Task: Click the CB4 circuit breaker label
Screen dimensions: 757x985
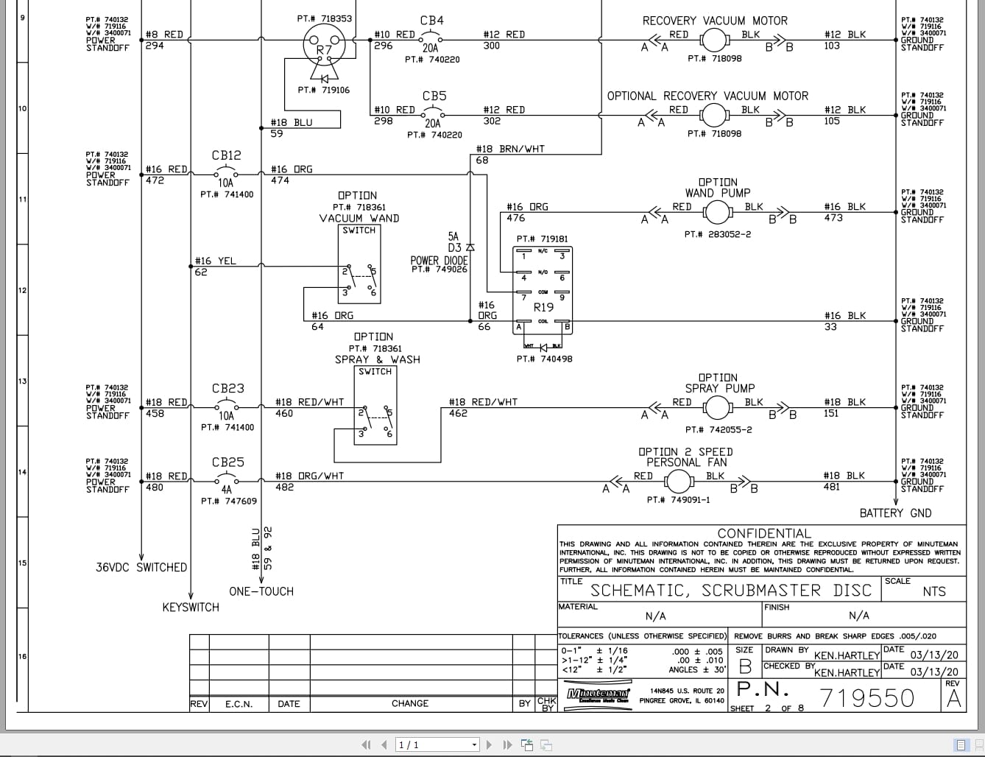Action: click(x=432, y=21)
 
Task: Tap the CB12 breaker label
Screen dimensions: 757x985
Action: click(x=226, y=155)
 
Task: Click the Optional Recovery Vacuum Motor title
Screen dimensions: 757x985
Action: click(x=707, y=96)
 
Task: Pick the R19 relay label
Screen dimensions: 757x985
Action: click(x=543, y=307)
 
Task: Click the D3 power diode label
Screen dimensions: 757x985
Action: click(x=454, y=248)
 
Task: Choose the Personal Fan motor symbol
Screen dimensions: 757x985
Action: click(x=678, y=482)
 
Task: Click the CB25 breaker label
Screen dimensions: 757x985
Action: click(x=227, y=462)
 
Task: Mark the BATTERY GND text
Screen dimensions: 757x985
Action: click(x=895, y=513)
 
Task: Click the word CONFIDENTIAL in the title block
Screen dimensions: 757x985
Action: click(x=763, y=534)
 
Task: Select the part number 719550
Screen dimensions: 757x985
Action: click(x=866, y=697)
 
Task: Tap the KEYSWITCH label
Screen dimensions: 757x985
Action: click(x=191, y=608)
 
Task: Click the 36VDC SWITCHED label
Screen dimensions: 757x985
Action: click(x=141, y=568)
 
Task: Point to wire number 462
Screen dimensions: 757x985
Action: click(x=458, y=414)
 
